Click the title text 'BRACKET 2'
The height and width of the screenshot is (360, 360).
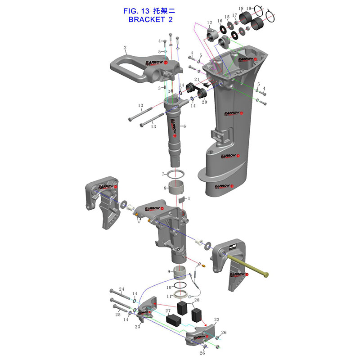[150, 19]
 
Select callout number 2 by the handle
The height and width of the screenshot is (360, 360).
[125, 48]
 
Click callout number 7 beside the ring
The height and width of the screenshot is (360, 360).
[163, 174]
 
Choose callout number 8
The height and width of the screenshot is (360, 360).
[165, 188]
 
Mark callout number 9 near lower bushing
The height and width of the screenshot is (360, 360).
[169, 272]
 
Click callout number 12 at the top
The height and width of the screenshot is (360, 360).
[209, 23]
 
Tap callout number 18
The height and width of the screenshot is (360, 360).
[241, 9]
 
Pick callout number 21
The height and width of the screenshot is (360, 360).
[197, 80]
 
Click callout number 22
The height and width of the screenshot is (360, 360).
[216, 320]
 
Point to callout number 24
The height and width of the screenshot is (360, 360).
[121, 289]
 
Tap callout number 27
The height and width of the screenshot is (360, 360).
[168, 311]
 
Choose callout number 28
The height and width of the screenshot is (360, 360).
[196, 300]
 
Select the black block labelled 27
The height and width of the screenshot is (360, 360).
[174, 320]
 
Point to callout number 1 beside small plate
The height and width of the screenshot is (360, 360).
[189, 198]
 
